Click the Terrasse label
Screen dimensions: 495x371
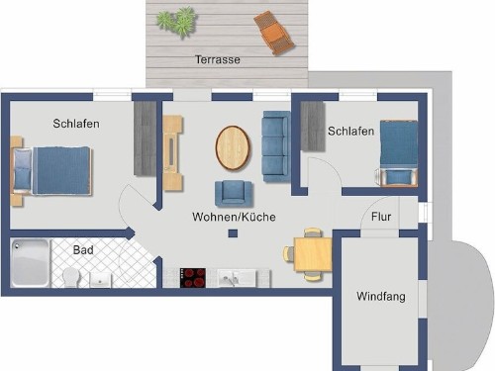(218, 59)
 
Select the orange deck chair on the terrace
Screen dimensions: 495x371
(274, 33)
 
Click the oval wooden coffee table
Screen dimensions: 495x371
(233, 147)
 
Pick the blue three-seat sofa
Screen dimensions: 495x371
(276, 146)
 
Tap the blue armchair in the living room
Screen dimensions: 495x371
(233, 193)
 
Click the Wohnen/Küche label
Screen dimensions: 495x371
(234, 217)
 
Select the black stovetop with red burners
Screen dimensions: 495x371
(193, 278)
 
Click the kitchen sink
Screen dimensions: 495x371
(237, 278)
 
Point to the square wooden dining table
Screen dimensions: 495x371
(313, 254)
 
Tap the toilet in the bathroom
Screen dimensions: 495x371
(71, 277)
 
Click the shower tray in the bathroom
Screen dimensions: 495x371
(30, 263)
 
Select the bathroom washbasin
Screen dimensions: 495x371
(101, 280)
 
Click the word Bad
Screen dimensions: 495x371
(83, 250)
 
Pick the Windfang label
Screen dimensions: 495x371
(381, 297)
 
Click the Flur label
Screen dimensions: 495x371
(381, 217)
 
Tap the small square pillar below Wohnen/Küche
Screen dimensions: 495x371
(233, 233)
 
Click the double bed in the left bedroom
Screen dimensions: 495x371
(51, 170)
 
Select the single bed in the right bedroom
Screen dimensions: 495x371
(398, 153)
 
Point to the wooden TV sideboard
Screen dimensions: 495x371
(172, 152)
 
